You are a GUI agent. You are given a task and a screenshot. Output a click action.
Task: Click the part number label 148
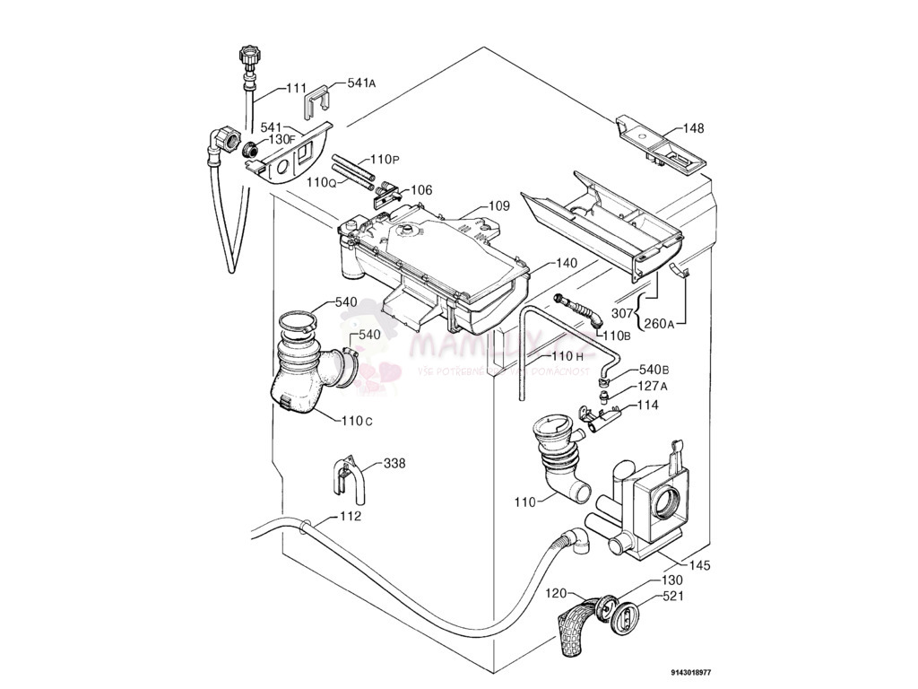pos(694,128)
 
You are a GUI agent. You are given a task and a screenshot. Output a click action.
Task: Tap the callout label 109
pos(498,206)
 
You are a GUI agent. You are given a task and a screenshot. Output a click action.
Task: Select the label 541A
pos(360,83)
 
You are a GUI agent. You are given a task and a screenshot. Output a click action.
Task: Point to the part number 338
pos(394,464)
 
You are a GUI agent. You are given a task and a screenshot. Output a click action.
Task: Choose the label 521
pos(675,596)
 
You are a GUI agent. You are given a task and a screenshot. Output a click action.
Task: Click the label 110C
pos(356,420)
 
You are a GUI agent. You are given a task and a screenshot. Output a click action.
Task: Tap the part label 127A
pos(653,388)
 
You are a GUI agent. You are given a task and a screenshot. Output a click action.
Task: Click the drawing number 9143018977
pos(691,672)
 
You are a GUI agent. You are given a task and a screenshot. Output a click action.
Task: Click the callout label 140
pos(566,264)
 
